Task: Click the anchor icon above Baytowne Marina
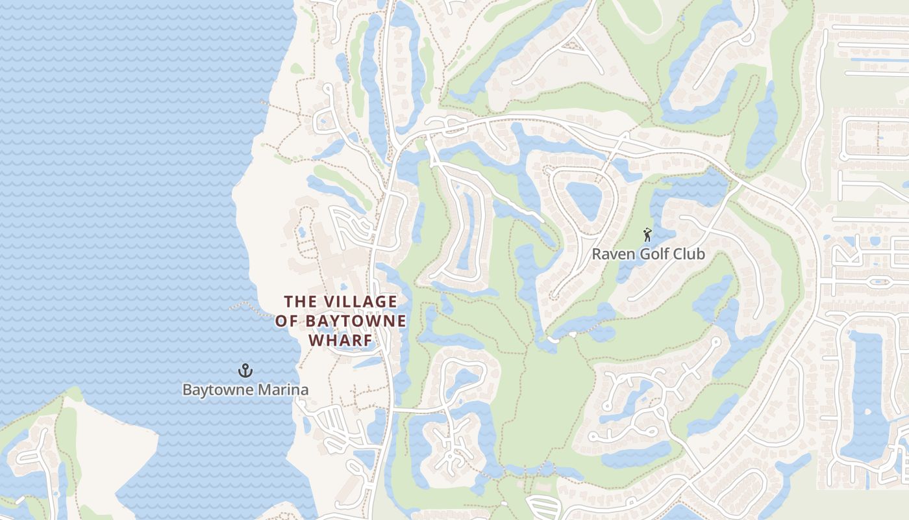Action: (x=245, y=371)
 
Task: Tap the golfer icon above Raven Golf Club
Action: (x=647, y=235)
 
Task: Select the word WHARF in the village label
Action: (x=340, y=341)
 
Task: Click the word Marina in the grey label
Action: (x=283, y=390)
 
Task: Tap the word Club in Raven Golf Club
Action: (x=690, y=254)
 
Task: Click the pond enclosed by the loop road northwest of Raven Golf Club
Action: (x=582, y=200)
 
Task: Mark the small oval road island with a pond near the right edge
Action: (x=878, y=282)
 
